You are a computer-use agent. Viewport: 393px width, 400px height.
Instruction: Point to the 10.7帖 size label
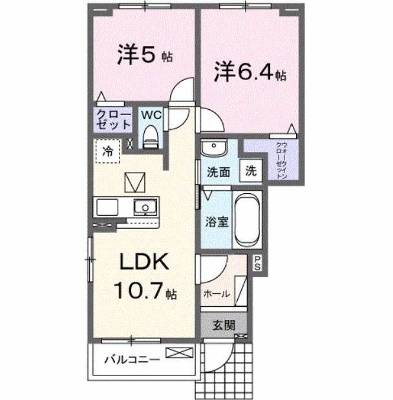(x=143, y=291)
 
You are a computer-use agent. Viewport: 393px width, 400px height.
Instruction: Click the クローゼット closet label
(x=114, y=120)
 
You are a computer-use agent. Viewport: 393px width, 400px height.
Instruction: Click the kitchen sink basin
(x=145, y=207)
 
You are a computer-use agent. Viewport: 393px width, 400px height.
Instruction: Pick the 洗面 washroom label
(x=218, y=173)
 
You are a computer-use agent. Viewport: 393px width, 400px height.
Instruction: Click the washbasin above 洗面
(x=212, y=149)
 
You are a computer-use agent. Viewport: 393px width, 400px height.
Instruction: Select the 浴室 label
(x=217, y=222)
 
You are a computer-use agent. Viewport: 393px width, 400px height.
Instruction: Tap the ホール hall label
(x=217, y=293)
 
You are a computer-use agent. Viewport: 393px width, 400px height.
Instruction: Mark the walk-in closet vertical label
(x=282, y=161)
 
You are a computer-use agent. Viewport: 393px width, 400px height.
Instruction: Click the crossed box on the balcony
(x=179, y=353)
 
